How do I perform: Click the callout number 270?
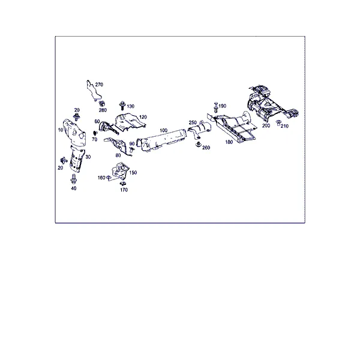click(99, 85)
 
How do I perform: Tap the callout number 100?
click(163, 130)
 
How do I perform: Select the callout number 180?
click(229, 142)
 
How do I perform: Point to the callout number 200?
click(266, 125)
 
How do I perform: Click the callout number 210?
click(284, 126)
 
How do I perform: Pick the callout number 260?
click(206, 148)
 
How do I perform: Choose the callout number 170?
click(124, 190)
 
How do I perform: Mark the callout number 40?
click(73, 188)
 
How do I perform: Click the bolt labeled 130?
click(122, 106)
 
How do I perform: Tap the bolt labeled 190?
click(216, 107)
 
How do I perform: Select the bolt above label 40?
click(74, 179)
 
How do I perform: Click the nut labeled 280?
click(102, 104)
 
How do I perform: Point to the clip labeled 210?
click(278, 122)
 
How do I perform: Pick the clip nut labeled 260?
click(199, 145)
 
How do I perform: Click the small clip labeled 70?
click(95, 133)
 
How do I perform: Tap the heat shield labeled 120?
click(130, 122)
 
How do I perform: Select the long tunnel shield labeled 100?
click(161, 140)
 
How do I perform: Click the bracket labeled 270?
click(93, 91)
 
